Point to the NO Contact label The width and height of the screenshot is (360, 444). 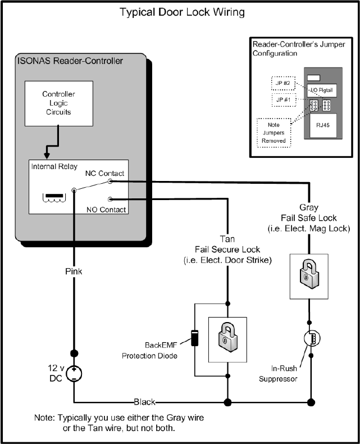point(106,210)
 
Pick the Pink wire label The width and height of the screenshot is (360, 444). point(74,272)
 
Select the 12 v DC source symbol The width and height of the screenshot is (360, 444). point(74,373)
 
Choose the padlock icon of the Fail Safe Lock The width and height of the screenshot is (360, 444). point(309,275)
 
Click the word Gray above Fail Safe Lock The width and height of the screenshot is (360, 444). point(309,207)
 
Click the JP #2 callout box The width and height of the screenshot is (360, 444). point(283,84)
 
